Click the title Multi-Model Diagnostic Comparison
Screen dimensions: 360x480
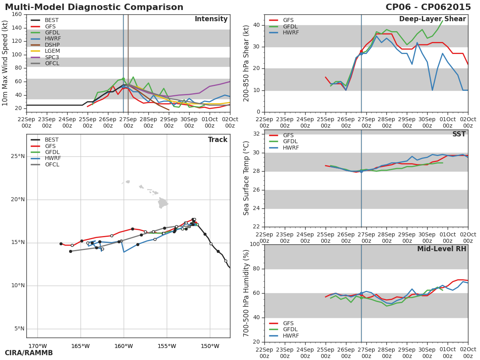[x=94, y=7]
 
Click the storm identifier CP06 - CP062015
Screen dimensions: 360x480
[x=428, y=7]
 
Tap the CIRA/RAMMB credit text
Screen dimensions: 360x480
[x=29, y=353]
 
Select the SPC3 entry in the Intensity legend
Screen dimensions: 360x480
[x=52, y=57]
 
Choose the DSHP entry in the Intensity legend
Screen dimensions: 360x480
[x=52, y=45]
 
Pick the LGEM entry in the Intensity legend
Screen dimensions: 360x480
[x=52, y=51]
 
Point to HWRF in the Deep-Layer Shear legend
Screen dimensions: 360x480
[x=291, y=33]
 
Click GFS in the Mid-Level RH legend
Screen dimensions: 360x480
[x=288, y=323]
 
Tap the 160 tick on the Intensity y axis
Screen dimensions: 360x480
[x=17, y=14]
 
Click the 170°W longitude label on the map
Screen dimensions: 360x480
[x=38, y=346]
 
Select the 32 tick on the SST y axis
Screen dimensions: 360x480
[x=256, y=134]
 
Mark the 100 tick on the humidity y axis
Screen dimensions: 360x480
[x=254, y=244]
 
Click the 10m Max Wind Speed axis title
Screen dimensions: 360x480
[x=6, y=63]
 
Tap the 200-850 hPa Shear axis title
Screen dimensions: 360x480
[x=246, y=63]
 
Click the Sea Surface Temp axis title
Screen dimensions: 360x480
[x=246, y=178]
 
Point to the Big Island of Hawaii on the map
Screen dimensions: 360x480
[x=162, y=203]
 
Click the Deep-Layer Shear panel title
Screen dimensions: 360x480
[x=432, y=19]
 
